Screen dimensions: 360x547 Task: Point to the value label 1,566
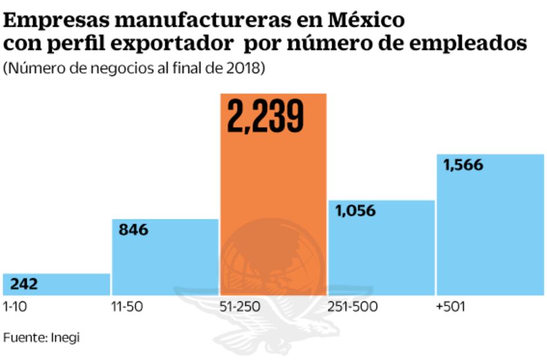(463, 165)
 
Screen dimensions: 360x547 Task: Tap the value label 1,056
(355, 211)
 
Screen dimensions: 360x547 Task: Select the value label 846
(134, 230)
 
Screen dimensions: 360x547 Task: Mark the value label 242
(24, 284)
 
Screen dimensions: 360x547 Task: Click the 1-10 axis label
(15, 307)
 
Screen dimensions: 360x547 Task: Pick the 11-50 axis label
(127, 307)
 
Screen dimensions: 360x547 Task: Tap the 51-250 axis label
(239, 307)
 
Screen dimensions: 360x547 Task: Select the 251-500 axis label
(352, 307)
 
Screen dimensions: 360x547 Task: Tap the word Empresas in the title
(55, 20)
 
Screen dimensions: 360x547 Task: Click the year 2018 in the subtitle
(246, 69)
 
